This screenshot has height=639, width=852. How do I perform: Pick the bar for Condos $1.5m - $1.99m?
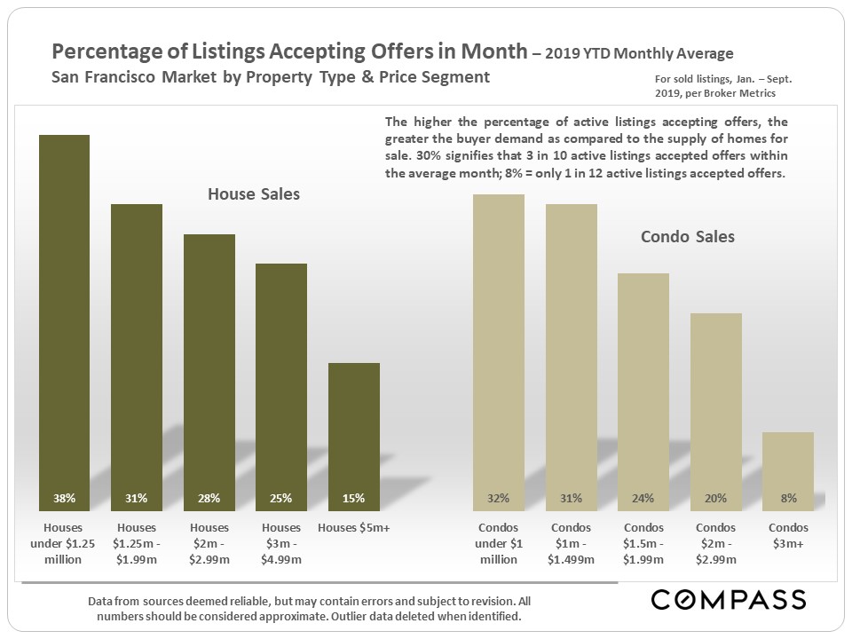pyautogui.click(x=643, y=391)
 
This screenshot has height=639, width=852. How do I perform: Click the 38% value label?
pyautogui.click(x=64, y=498)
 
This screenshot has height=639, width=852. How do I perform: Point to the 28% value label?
pyautogui.click(x=209, y=498)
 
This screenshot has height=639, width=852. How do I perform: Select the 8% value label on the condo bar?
pyautogui.click(x=788, y=498)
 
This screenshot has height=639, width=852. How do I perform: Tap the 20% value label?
pyautogui.click(x=715, y=498)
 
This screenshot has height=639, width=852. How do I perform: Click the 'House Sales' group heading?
pyautogui.click(x=254, y=193)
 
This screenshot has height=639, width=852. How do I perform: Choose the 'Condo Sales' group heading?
pyautogui.click(x=688, y=237)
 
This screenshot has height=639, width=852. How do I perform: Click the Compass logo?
pyautogui.click(x=729, y=599)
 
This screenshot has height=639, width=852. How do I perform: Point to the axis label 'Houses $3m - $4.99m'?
pyautogui.click(x=280, y=543)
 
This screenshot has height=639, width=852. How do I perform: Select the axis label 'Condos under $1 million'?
pyautogui.click(x=499, y=543)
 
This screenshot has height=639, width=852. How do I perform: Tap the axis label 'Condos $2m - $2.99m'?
pyautogui.click(x=715, y=543)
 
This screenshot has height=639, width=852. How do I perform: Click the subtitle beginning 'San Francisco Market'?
pyautogui.click(x=271, y=76)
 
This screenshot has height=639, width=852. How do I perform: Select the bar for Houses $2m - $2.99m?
pyautogui.click(x=209, y=373)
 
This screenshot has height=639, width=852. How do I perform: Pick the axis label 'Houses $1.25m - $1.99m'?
pyautogui.click(x=136, y=543)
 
